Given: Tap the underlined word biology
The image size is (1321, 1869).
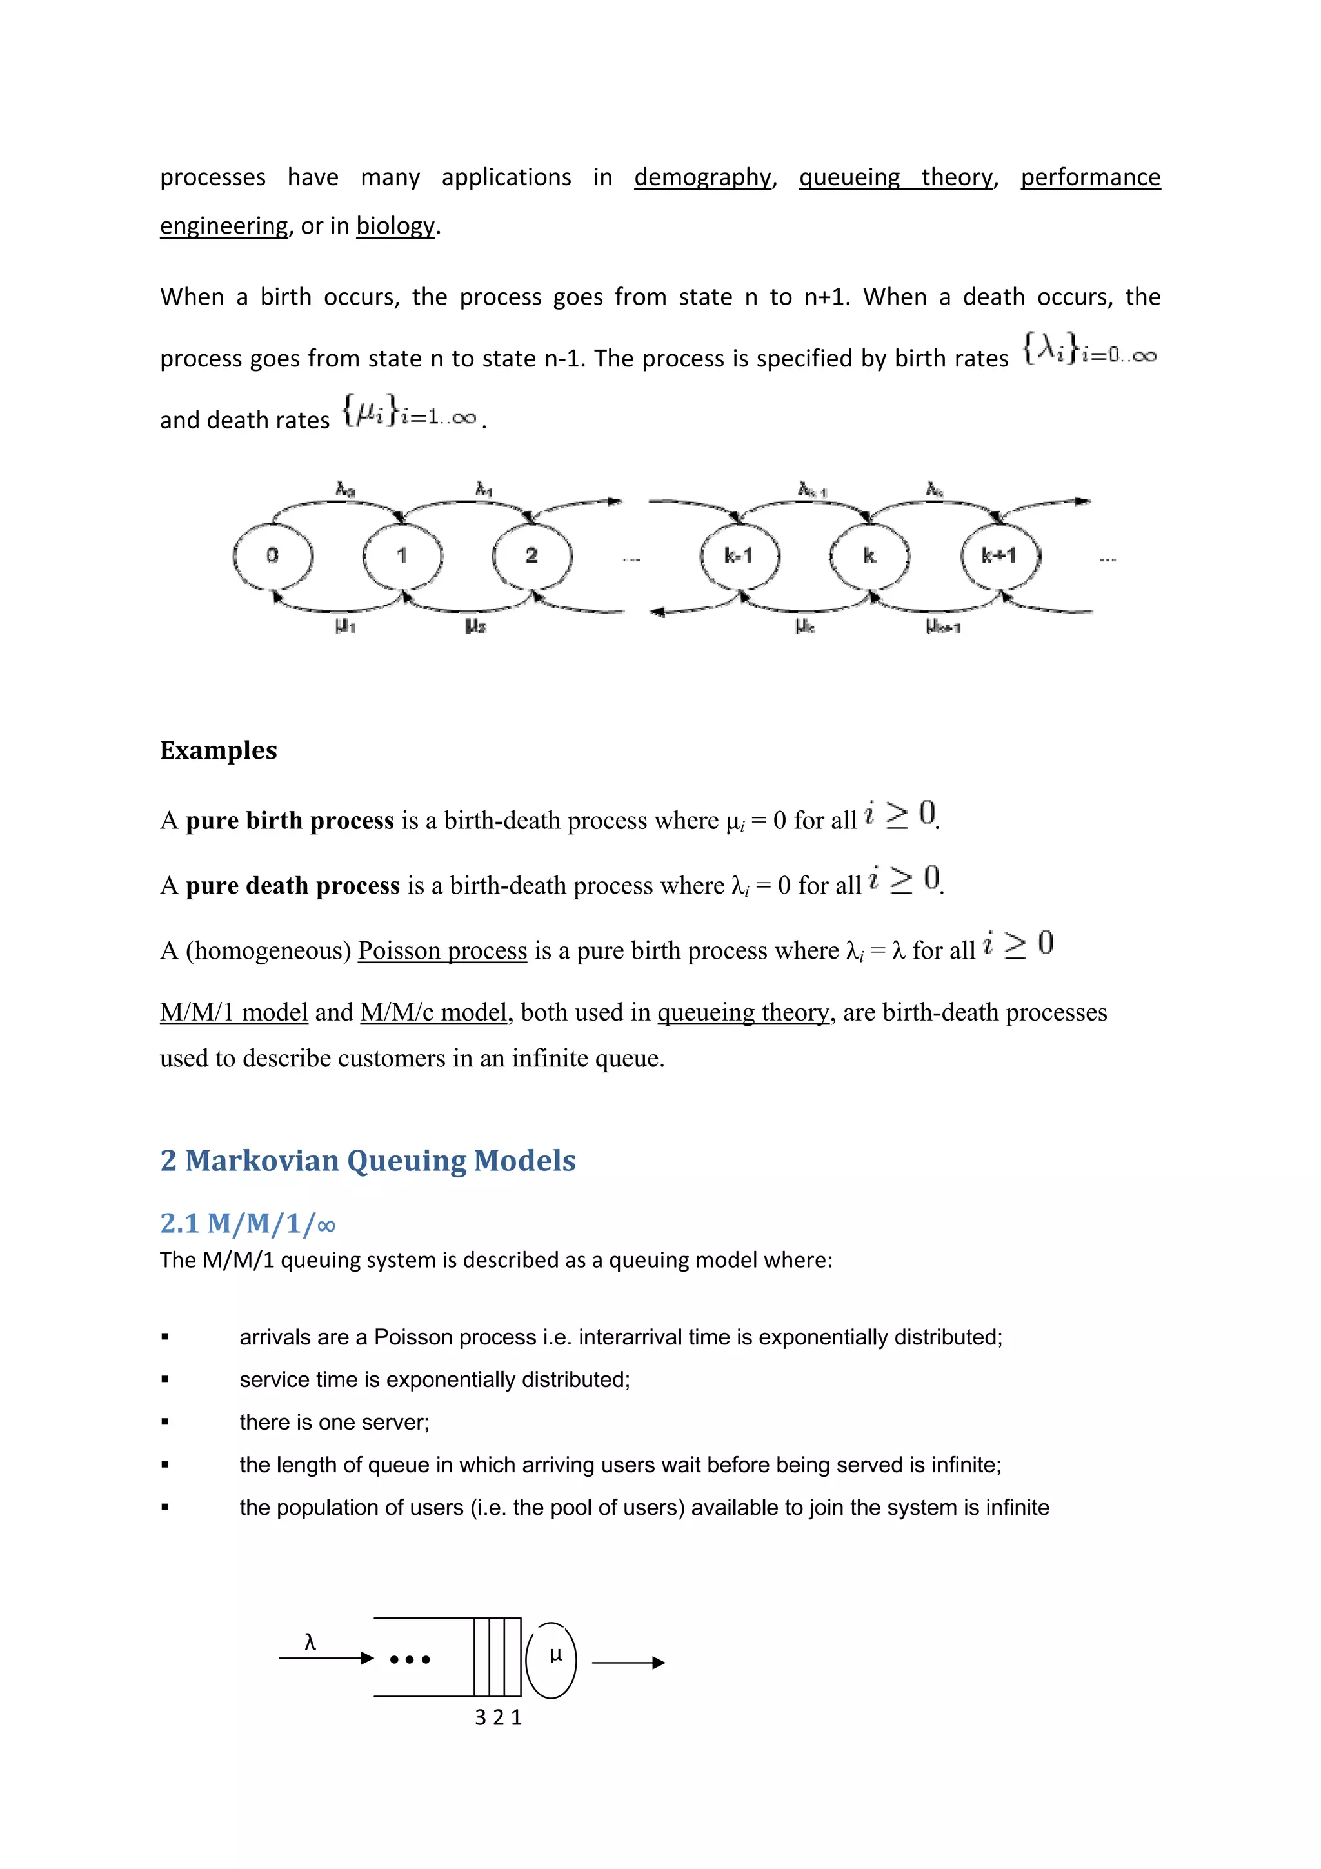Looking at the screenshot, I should tap(395, 226).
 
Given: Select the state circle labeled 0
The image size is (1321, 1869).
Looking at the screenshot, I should tap(273, 556).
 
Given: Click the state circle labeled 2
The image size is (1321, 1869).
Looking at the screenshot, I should tap(531, 556).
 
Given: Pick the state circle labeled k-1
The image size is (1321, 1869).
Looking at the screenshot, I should tap(739, 556).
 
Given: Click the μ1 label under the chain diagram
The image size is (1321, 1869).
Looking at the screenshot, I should tap(345, 626).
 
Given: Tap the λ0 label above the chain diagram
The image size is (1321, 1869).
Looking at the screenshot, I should tap(346, 489).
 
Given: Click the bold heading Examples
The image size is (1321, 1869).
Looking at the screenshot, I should tap(218, 750).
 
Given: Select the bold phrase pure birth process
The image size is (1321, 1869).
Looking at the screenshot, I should tap(290, 821).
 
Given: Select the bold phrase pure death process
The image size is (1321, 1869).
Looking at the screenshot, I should tap(292, 886).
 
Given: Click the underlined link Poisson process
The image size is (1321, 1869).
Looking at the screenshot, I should tap(442, 951).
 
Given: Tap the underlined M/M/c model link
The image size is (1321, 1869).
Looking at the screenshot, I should tap(434, 1013).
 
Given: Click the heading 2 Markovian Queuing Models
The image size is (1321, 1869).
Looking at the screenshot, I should tap(368, 1161).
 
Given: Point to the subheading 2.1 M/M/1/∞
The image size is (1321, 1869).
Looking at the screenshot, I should tap(248, 1223).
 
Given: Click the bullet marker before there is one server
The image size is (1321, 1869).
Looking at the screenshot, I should tap(165, 1422).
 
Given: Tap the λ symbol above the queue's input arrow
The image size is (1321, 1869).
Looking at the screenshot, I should tap(310, 1643).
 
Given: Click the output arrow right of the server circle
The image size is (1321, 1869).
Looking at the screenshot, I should tap(628, 1663).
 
